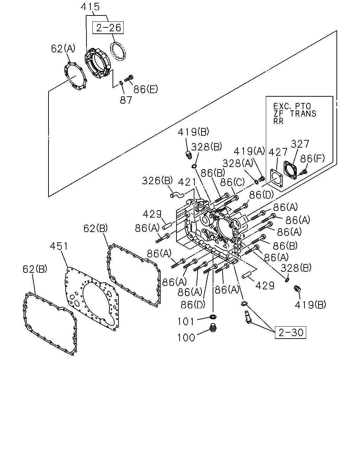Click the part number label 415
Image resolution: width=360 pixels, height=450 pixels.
(x=90, y=7)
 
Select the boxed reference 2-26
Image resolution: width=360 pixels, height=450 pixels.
(x=108, y=28)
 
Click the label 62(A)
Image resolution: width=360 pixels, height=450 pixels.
(x=63, y=49)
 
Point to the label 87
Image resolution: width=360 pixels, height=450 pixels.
(x=126, y=100)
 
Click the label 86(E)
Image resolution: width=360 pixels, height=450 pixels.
(x=146, y=89)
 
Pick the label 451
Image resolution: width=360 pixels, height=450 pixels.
(x=59, y=246)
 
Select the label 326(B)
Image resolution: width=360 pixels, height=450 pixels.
(x=157, y=180)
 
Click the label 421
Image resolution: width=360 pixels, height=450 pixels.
(x=187, y=182)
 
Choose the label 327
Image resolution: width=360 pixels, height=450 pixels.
(x=300, y=144)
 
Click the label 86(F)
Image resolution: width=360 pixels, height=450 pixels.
(x=312, y=159)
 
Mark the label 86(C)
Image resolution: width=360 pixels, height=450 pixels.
(x=232, y=182)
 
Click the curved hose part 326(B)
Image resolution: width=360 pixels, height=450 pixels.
(x=177, y=195)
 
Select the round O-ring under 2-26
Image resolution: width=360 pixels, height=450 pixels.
(x=118, y=51)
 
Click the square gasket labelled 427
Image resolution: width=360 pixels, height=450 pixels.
(x=277, y=178)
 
